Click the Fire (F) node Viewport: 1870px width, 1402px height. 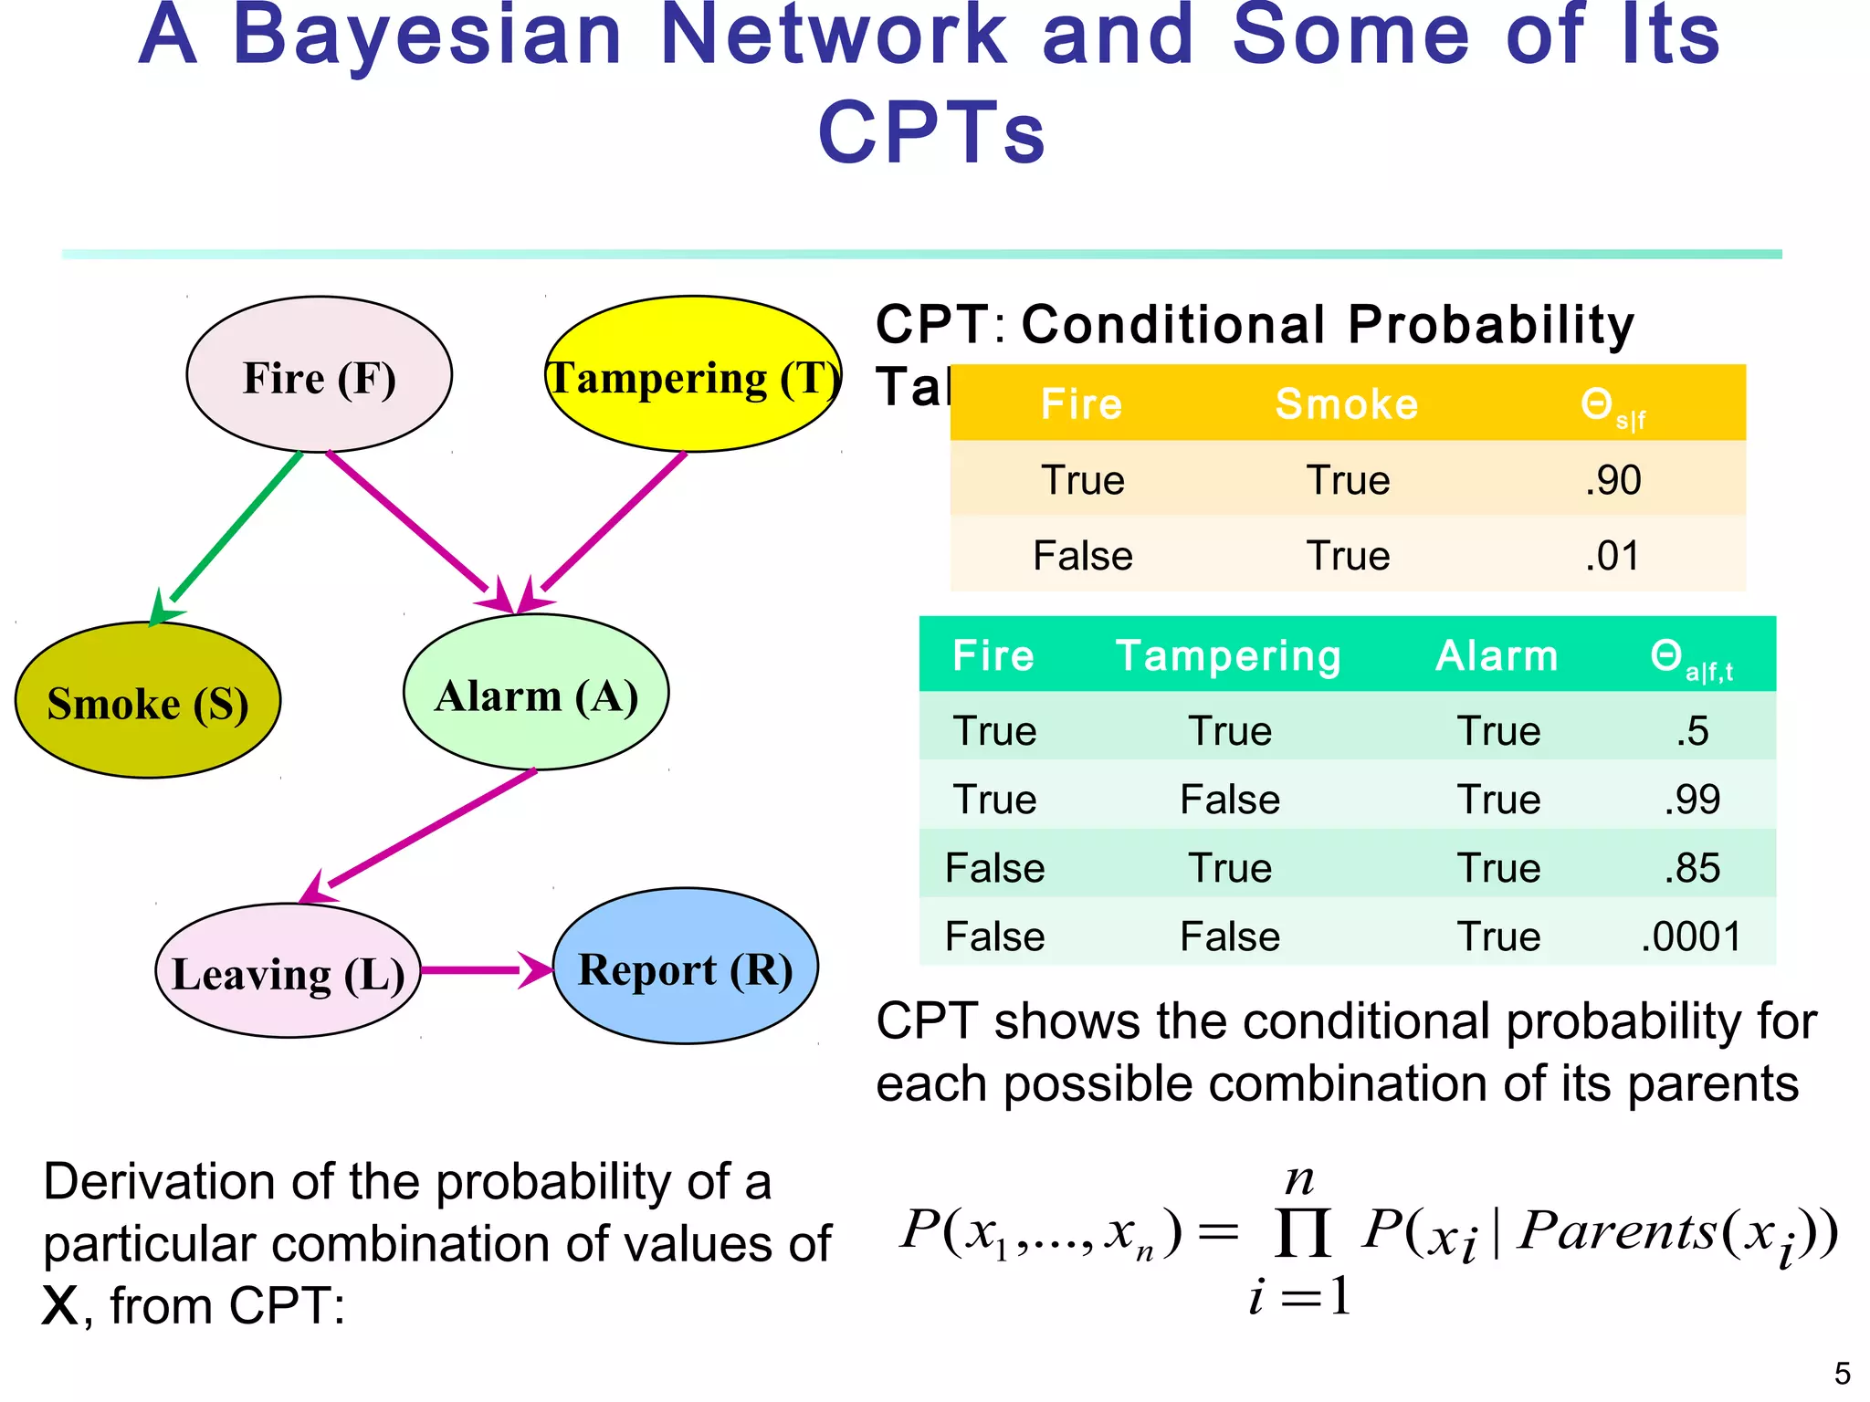click(x=319, y=375)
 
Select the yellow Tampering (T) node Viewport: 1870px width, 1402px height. click(x=693, y=375)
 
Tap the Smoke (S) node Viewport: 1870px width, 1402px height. click(x=148, y=701)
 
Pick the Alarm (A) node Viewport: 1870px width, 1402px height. click(x=536, y=694)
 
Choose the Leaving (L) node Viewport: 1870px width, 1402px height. click(x=289, y=971)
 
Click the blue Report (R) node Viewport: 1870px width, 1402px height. click(x=686, y=968)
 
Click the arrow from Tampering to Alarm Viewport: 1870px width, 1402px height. click(x=612, y=524)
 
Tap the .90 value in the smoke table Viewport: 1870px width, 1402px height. click(x=1613, y=480)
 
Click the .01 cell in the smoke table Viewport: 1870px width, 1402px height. click(x=1613, y=556)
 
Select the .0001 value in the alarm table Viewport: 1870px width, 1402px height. click(x=1691, y=936)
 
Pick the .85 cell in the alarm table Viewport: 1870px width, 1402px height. click(x=1691, y=868)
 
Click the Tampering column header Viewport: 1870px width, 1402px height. click(x=1228, y=655)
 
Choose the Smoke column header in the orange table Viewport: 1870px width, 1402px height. click(x=1347, y=403)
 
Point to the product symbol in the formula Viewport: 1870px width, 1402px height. click(x=1301, y=1234)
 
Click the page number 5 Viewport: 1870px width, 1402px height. click(x=1842, y=1374)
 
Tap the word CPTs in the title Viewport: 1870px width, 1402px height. click(x=931, y=133)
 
